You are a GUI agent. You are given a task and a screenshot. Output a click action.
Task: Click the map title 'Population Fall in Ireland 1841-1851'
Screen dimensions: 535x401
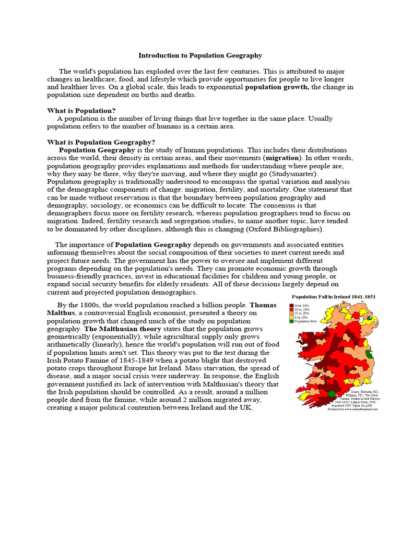(334, 296)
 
